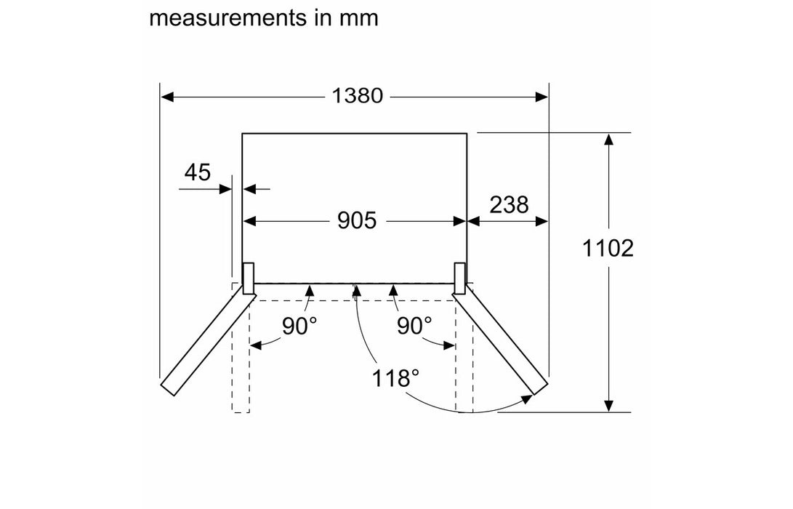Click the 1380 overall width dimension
click(357, 95)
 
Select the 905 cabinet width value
click(357, 220)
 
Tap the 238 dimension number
click(508, 205)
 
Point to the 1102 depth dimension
click(608, 248)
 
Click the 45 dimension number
click(197, 172)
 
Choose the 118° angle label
click(396, 378)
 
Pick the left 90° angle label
click(299, 326)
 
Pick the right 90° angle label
click(414, 326)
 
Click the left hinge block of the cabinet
click(248, 278)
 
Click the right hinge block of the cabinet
click(460, 278)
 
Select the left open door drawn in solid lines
click(206, 342)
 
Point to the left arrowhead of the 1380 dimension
click(166, 95)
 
